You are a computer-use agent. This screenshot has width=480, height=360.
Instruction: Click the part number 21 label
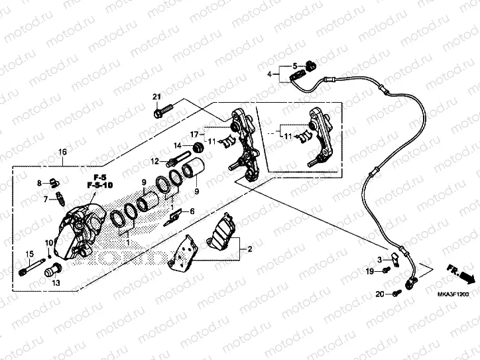click(x=157, y=98)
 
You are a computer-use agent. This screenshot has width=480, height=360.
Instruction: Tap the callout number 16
click(x=62, y=152)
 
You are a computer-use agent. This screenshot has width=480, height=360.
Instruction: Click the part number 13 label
click(x=56, y=283)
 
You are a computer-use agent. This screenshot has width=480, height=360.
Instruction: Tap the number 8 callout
click(x=40, y=182)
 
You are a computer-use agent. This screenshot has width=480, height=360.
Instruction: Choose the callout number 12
click(x=152, y=162)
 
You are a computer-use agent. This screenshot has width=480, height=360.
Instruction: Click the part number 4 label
click(x=270, y=75)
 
